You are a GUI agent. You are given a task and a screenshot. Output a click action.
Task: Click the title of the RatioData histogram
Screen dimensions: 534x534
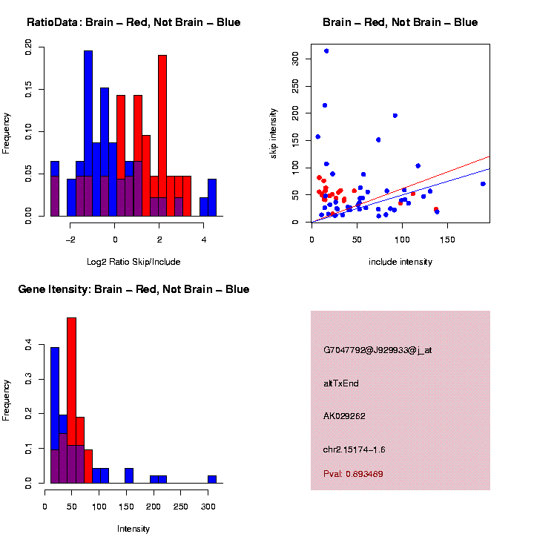point(133,22)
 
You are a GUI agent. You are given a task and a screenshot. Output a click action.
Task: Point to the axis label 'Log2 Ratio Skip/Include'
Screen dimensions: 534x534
point(133,261)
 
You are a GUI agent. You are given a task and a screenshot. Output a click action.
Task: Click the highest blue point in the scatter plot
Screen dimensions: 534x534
point(326,51)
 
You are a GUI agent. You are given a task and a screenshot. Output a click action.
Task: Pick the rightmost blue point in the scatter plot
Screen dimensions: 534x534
point(483,184)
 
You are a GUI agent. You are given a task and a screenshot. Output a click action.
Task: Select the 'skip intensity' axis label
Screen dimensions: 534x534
point(274,132)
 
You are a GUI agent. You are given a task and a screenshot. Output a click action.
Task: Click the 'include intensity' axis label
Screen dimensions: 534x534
point(400,262)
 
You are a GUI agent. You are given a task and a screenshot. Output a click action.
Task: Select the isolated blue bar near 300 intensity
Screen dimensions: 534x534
point(212,478)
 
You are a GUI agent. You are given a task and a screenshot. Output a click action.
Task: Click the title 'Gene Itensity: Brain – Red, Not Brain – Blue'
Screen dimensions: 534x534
point(133,289)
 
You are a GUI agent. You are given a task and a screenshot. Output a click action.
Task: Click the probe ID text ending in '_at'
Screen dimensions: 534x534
point(378,350)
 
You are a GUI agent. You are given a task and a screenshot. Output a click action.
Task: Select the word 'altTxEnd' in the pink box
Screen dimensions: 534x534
point(341,383)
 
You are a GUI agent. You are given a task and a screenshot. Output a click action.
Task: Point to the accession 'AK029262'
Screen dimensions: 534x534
point(345,417)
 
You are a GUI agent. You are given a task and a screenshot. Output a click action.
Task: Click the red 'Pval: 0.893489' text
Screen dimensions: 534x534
point(353,473)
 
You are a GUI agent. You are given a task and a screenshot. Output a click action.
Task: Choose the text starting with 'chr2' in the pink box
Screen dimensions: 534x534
point(354,449)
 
